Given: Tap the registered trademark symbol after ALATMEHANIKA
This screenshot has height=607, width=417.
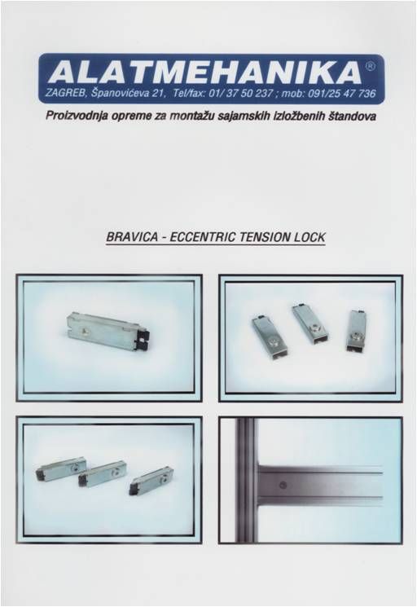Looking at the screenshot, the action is [x=370, y=66].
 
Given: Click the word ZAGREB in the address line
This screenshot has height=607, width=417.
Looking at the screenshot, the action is [x=62, y=94].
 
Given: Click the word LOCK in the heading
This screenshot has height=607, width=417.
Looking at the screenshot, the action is [x=309, y=236].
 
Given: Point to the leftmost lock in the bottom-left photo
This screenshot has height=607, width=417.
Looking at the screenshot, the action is [x=61, y=468].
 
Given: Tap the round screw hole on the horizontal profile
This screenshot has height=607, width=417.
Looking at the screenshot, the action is [x=283, y=484].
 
